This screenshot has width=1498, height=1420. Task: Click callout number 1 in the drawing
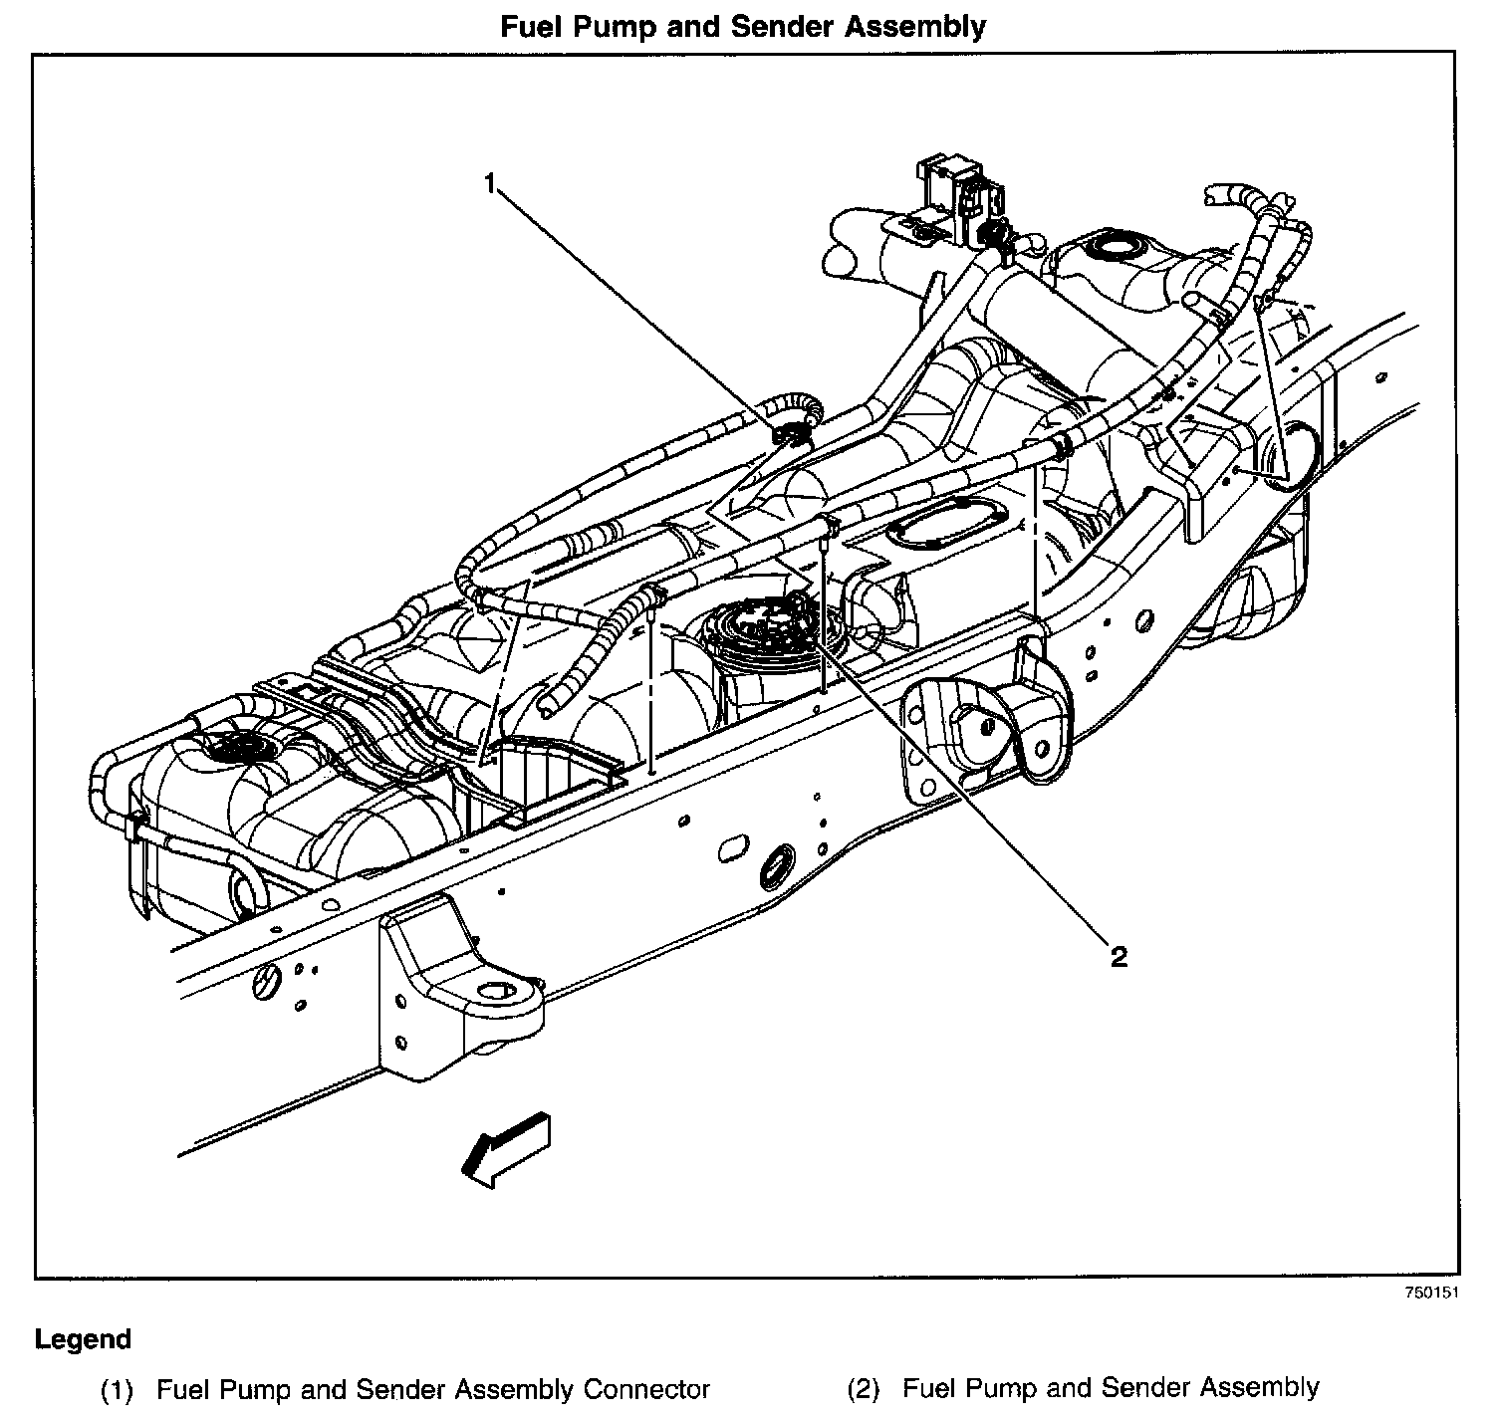(489, 182)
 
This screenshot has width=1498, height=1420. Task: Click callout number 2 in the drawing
(1119, 957)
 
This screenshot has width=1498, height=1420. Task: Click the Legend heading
(83, 1339)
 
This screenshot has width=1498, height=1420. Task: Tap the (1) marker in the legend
(119, 1389)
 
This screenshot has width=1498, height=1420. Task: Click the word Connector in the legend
(647, 1389)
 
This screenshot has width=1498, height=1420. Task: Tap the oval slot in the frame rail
(734, 849)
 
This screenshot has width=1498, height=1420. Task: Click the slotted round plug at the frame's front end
(264, 983)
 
